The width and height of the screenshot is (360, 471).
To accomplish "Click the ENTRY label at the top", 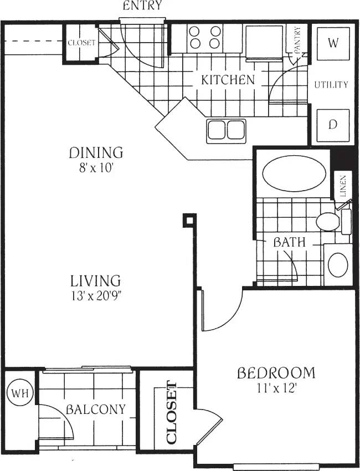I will (142, 6).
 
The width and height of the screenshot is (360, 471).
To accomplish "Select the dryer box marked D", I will (332, 125).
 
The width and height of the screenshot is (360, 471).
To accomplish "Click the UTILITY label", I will (331, 85).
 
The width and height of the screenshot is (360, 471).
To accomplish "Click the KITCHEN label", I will (228, 80).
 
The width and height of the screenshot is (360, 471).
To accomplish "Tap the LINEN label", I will (343, 186).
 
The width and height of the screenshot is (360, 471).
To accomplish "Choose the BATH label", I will (288, 242).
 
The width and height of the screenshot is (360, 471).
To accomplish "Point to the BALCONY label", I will (95, 410).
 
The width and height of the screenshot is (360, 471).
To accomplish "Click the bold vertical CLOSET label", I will (172, 413).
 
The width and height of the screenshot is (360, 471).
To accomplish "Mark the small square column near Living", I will (189, 221).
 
